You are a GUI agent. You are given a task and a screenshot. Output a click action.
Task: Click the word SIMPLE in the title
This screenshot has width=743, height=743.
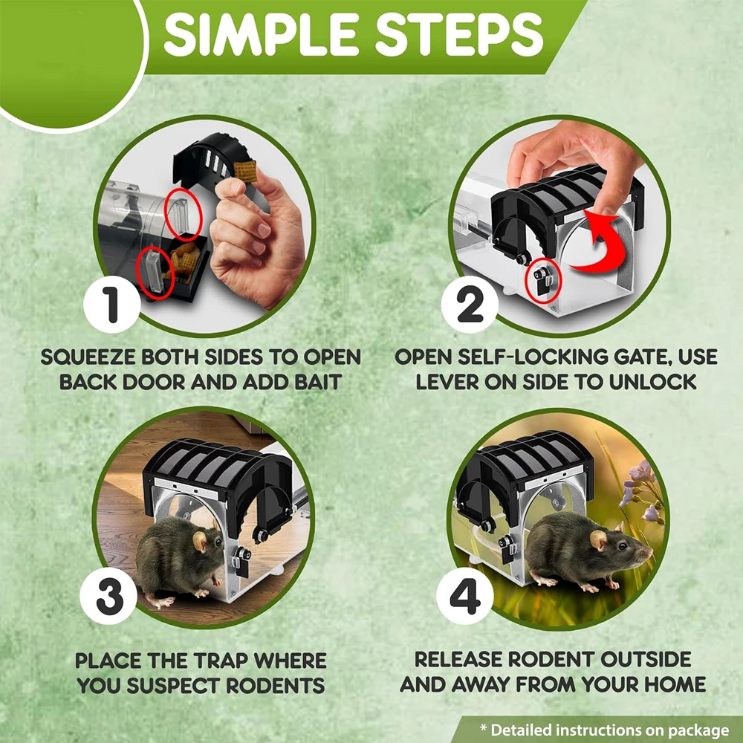tap(261, 34)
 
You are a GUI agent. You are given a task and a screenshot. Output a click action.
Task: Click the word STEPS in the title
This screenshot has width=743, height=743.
tap(458, 34)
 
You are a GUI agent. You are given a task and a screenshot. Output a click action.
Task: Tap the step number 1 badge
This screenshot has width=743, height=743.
tap(112, 305)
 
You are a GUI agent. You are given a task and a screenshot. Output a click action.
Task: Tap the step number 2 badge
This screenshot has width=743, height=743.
tap(470, 305)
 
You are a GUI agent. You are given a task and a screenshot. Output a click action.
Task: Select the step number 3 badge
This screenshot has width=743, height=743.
tap(108, 596)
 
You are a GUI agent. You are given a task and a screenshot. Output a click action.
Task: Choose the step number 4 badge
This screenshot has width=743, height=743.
tap(465, 596)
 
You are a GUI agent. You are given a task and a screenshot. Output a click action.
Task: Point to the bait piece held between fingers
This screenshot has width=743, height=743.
tap(245, 172)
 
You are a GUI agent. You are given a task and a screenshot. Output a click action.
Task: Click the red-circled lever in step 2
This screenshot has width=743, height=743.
tap(542, 281)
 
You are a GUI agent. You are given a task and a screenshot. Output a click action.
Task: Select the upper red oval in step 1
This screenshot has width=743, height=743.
tap(184, 214)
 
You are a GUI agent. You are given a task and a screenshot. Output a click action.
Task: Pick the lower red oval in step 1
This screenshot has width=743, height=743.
tap(155, 273)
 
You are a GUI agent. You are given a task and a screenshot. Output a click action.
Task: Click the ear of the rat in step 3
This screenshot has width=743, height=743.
tap(199, 541)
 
